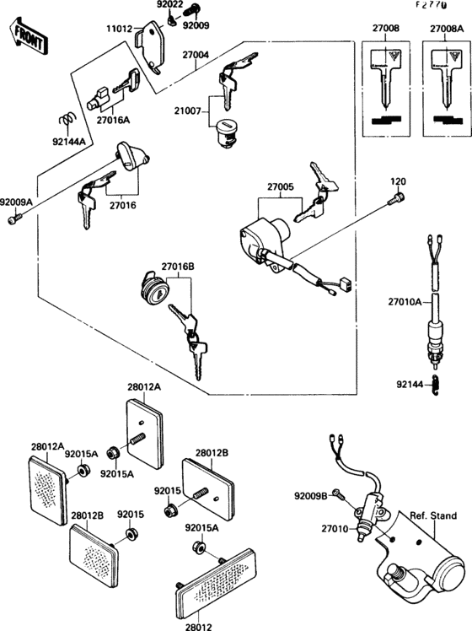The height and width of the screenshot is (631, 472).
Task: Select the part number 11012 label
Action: point(121,29)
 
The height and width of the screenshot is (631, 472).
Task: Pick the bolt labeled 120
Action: point(395,199)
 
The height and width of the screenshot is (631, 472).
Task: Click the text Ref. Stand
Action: point(433,515)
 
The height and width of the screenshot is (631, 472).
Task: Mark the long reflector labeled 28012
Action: point(216,582)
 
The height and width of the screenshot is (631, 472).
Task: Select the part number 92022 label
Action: point(171,4)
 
